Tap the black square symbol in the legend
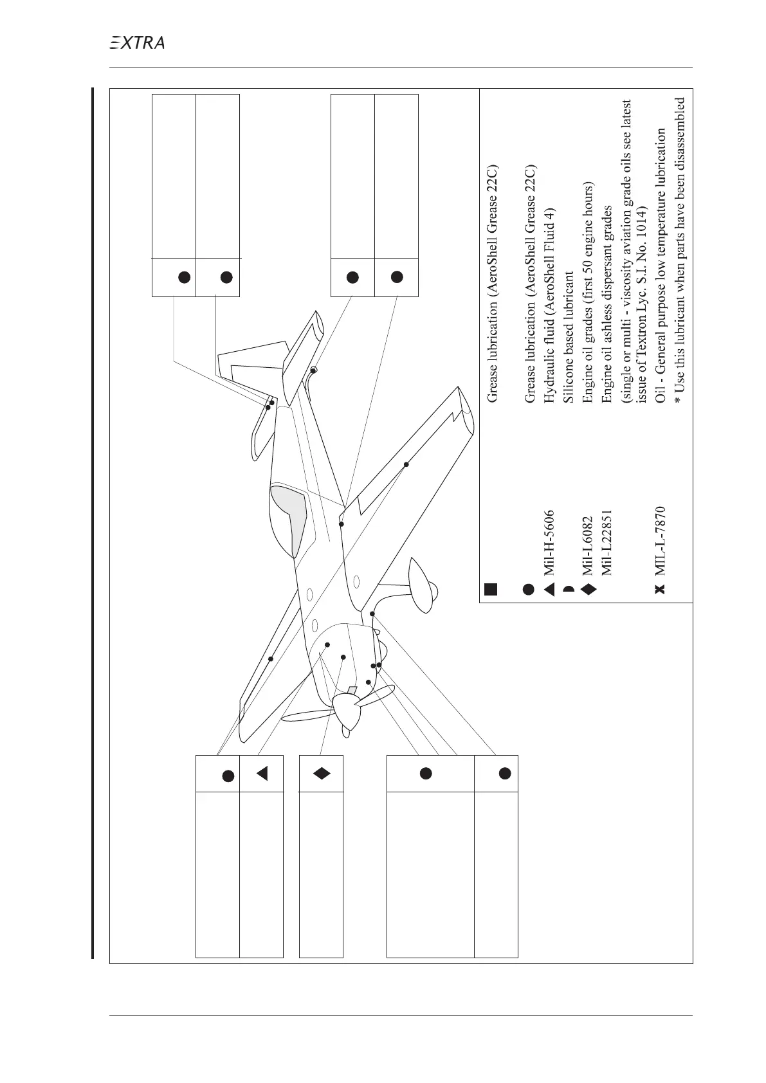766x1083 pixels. [x=491, y=589]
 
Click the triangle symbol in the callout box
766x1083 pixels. [x=261, y=774]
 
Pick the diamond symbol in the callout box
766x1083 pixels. [x=321, y=774]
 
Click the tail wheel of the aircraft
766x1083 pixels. [x=313, y=370]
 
